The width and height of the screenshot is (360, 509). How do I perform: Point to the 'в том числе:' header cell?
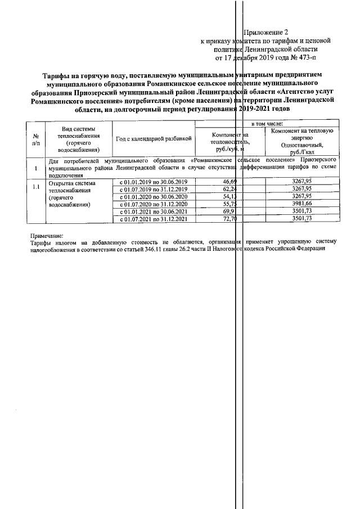[x=267, y=123]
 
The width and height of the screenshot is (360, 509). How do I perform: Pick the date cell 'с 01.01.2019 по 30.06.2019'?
[x=154, y=182]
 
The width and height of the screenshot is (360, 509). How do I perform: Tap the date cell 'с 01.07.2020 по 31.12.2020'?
[x=154, y=204]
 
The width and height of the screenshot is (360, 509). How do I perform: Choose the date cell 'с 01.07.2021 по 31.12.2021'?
[x=154, y=219]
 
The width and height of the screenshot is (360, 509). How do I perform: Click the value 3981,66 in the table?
[x=301, y=204]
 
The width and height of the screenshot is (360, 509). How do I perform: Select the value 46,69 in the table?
[x=231, y=182]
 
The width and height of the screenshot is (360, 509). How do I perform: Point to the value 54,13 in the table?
[x=231, y=197]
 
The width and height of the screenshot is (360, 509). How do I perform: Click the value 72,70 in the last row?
[x=231, y=219]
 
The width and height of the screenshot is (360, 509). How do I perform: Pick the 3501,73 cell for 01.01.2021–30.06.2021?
[x=301, y=211]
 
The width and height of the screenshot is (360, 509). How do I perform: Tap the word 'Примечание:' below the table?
[x=47, y=236]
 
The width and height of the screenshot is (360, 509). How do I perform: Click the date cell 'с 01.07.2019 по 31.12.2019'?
[x=154, y=190]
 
